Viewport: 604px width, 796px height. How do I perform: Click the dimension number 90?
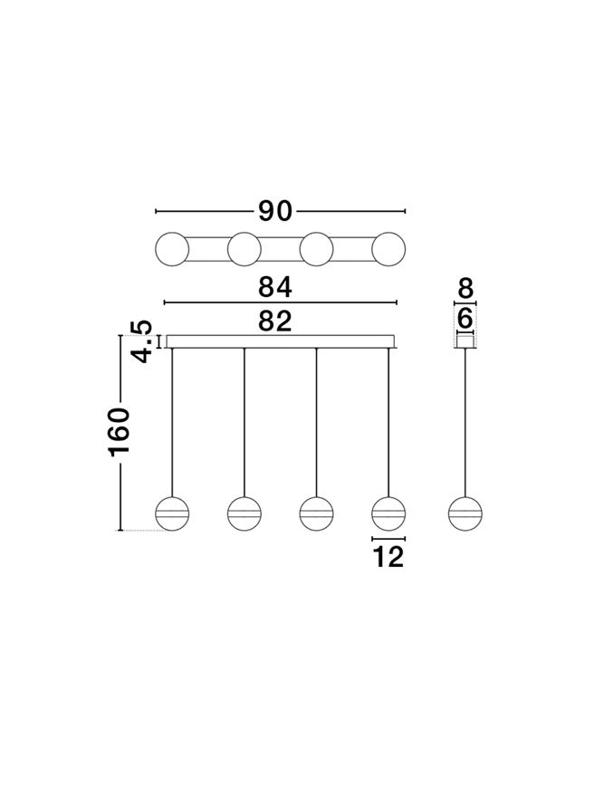[x=275, y=211]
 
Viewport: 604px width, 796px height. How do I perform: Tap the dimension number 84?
[x=275, y=287]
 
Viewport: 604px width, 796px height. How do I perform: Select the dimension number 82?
[x=275, y=321]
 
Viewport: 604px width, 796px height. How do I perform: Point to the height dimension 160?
[x=120, y=431]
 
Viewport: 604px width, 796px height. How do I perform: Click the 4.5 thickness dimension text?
[x=140, y=341]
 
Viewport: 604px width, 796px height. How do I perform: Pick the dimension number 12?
[x=388, y=557]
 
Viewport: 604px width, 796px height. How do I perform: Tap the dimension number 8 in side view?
[x=465, y=289]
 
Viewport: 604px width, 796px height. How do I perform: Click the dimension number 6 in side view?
[x=465, y=320]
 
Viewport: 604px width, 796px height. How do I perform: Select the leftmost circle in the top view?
[x=172, y=249]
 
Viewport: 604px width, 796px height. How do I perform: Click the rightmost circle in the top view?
[x=388, y=249]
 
